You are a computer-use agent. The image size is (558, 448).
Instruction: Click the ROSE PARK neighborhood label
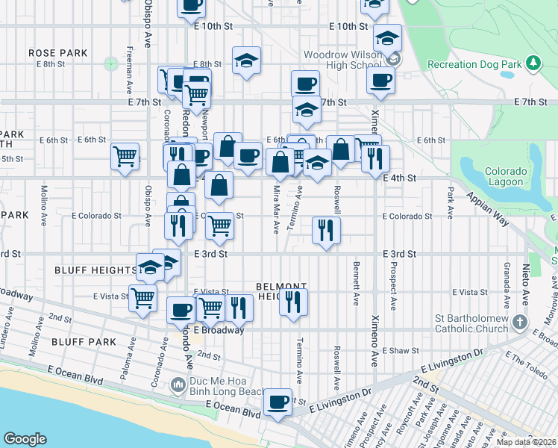click(57, 53)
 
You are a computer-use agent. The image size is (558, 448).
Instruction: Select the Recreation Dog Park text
click(474, 65)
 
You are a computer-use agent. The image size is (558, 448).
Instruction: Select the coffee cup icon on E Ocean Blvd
click(278, 402)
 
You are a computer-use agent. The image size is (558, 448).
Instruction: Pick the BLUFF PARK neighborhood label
click(84, 342)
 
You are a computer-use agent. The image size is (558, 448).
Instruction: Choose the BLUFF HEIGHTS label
click(95, 270)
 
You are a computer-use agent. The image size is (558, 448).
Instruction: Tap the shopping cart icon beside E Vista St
click(142, 298)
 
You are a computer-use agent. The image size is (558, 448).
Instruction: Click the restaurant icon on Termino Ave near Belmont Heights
click(293, 302)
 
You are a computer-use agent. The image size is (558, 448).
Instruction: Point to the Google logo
click(25, 439)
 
